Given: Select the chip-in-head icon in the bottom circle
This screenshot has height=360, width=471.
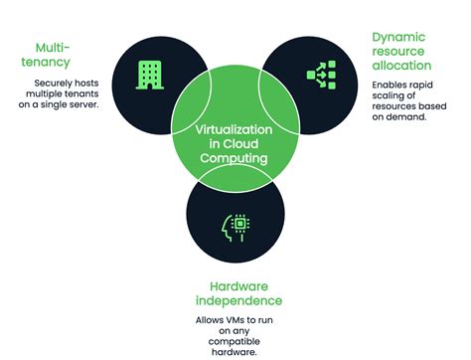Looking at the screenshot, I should coord(237,226).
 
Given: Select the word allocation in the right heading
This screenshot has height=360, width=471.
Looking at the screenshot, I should coord(402,66).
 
